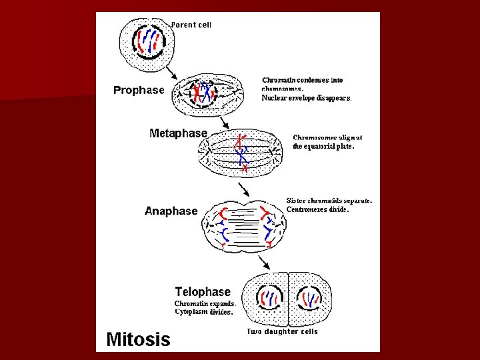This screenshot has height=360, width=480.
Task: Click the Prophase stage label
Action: [x=139, y=90]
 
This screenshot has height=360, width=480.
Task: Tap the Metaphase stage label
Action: [x=178, y=133]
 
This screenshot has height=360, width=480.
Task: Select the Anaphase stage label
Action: [x=171, y=211]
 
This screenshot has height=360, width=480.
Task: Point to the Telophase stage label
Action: [x=203, y=291]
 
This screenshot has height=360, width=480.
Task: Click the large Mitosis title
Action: [x=138, y=339]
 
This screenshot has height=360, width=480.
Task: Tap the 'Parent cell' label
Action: [x=191, y=25]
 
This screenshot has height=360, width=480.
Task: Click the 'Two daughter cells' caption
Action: [x=282, y=331]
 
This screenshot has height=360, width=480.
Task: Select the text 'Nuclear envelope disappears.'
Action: [x=306, y=97]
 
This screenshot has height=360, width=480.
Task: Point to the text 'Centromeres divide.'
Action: [x=317, y=209]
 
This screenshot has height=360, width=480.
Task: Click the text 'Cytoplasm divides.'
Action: [x=203, y=311]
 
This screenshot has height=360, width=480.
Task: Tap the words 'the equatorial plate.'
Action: [x=323, y=146]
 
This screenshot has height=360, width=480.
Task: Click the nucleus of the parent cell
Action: [x=148, y=41]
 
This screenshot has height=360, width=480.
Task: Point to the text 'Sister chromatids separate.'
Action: [x=329, y=200]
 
